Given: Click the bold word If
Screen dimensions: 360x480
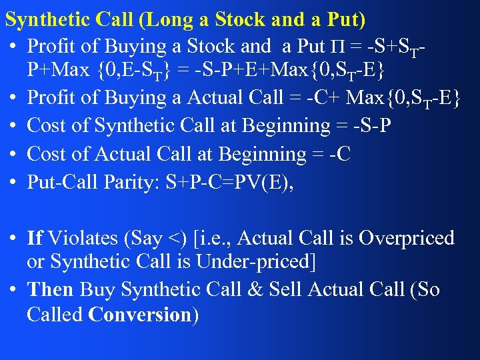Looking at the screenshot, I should coord(35,238).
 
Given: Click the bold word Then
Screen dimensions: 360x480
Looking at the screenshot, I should coord(51,290).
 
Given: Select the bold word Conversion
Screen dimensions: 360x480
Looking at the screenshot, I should coord(139,315).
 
